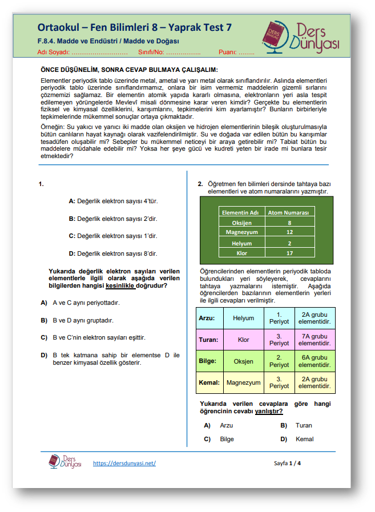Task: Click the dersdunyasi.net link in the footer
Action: click(124, 463)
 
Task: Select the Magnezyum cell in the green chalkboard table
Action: click(242, 232)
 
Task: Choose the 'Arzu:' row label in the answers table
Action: click(208, 317)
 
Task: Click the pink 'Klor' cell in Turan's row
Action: click(243, 340)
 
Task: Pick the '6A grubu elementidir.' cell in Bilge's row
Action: click(314, 361)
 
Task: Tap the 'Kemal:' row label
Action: click(209, 382)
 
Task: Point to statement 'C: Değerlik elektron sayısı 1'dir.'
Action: click(112, 236)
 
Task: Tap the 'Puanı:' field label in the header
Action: click(227, 52)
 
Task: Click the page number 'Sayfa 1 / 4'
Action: click(287, 463)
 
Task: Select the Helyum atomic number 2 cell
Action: click(289, 242)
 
